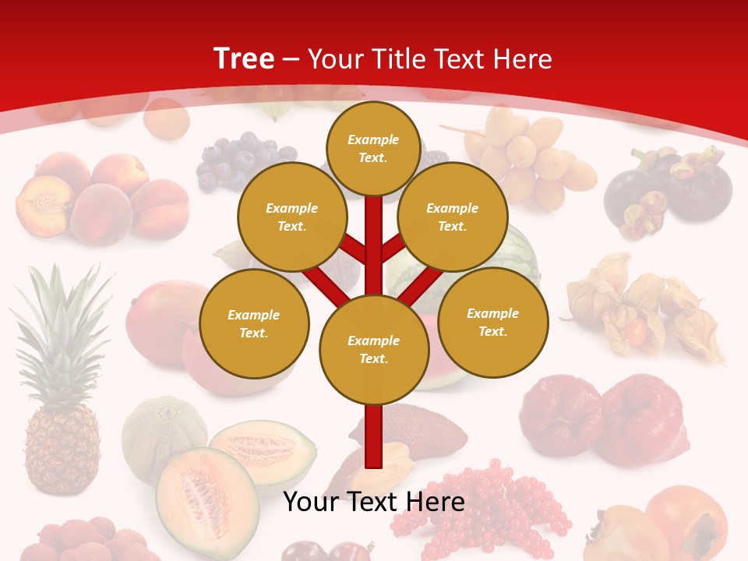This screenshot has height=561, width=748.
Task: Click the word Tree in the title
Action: click(244, 58)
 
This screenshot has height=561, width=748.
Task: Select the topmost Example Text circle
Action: click(373, 148)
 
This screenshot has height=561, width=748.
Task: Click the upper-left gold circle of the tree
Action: click(291, 217)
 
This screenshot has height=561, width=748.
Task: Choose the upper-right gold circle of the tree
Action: click(452, 217)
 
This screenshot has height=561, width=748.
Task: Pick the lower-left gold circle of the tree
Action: click(253, 323)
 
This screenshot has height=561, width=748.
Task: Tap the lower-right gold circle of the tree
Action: click(492, 322)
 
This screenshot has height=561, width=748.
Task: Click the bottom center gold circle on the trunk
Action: click(373, 349)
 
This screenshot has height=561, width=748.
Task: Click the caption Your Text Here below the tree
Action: click(373, 502)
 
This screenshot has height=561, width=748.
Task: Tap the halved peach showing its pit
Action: click(44, 206)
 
